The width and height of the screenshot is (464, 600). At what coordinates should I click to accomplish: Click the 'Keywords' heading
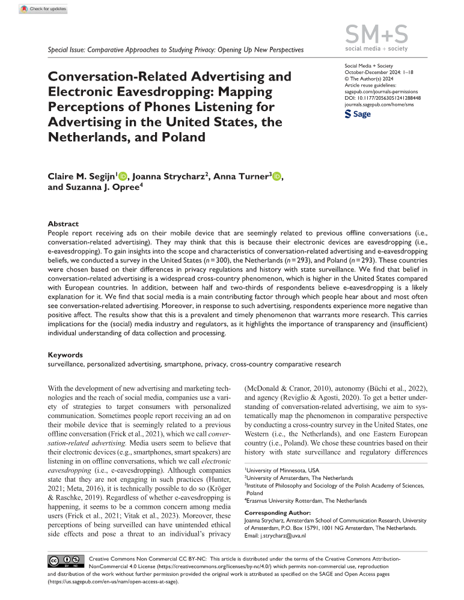tap(65, 355)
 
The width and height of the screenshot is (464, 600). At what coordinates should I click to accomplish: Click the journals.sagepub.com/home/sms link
tap(379, 104)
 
